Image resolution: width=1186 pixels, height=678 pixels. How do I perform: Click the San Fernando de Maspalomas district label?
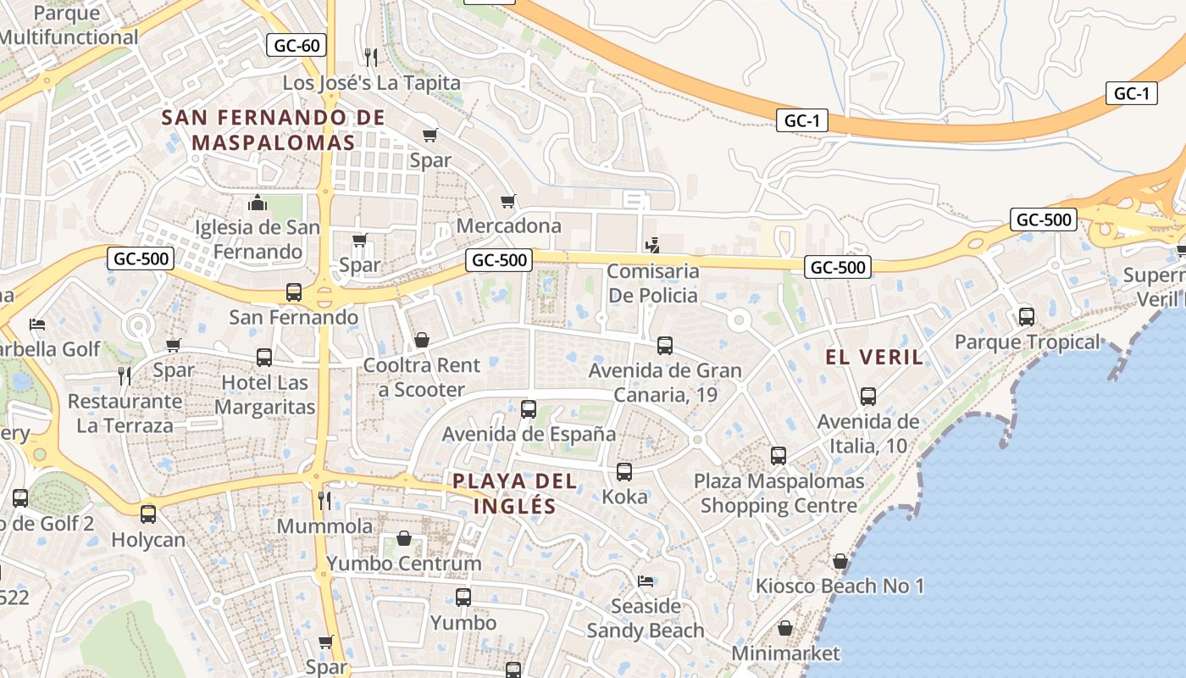(x=273, y=130)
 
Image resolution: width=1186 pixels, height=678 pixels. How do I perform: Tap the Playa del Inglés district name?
(x=514, y=494)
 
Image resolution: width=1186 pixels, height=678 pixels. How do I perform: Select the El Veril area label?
(x=874, y=357)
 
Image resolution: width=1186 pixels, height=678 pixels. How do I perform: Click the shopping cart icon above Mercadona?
(x=508, y=201)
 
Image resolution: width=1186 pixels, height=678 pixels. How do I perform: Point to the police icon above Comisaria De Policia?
(x=652, y=247)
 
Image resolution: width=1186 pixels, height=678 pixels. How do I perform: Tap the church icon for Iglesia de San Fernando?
(x=258, y=203)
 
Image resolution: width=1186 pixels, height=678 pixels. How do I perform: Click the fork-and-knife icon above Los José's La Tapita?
(x=370, y=57)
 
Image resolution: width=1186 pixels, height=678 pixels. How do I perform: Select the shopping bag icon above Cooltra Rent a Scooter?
(x=421, y=340)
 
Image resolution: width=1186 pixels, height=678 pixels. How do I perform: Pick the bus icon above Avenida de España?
(x=529, y=409)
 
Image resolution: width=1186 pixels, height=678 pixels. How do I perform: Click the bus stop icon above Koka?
(x=624, y=472)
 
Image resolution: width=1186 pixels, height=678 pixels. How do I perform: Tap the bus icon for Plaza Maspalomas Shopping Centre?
(x=779, y=456)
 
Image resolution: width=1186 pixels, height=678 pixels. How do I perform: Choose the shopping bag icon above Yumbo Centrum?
(x=404, y=538)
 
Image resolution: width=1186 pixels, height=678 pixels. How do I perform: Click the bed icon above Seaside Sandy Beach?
(x=646, y=581)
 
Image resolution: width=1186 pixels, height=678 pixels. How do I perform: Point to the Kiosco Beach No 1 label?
(x=840, y=586)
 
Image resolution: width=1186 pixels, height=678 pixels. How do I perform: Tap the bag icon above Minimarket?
(x=785, y=628)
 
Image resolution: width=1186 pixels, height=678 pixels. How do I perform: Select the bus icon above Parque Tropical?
(x=1027, y=317)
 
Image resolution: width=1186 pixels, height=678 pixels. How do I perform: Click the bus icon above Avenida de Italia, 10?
(x=868, y=397)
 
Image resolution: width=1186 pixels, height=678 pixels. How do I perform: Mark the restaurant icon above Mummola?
(x=324, y=500)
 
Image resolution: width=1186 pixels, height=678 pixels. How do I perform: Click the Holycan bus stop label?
(x=148, y=540)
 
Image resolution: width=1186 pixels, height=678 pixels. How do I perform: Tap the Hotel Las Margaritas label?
(x=264, y=395)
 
